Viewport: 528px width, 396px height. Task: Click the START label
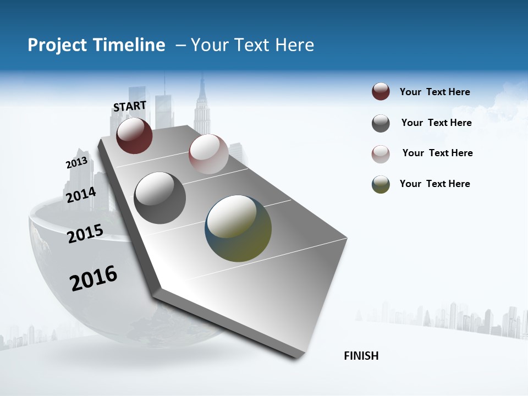(x=130, y=106)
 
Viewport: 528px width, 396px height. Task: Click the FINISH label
(x=361, y=356)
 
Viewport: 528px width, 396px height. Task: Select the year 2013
(x=76, y=163)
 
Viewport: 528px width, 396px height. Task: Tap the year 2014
(x=81, y=195)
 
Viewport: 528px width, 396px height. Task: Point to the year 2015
(x=85, y=233)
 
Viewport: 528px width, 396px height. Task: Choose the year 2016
(x=94, y=278)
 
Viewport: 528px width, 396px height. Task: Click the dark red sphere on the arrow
(x=134, y=135)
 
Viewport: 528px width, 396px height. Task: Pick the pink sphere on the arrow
(x=208, y=153)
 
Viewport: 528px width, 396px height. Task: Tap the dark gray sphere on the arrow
(x=160, y=198)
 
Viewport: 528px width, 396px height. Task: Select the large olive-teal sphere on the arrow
(x=238, y=228)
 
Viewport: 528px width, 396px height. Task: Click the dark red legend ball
(x=381, y=92)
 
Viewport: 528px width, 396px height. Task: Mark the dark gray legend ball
(x=381, y=123)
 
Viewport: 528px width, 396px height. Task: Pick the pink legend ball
(x=381, y=153)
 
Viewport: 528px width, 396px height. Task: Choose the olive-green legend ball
(x=381, y=184)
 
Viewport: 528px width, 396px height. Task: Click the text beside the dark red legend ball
(x=435, y=92)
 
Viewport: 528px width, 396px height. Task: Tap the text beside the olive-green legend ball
(x=435, y=184)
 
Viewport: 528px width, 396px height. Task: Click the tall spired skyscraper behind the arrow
(x=202, y=107)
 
